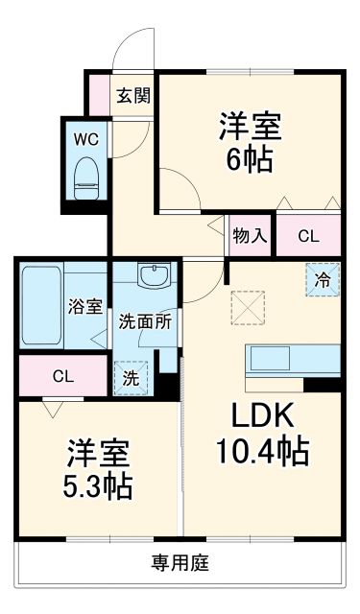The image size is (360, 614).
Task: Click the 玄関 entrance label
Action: tap(133, 95)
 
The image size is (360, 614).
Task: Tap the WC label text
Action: tap(86, 138)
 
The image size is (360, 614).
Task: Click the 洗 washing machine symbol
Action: tap(132, 377)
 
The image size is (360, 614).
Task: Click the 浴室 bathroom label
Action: tap(84, 307)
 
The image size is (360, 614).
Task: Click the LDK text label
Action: tap(259, 415)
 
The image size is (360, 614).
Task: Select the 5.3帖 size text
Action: tap(98, 484)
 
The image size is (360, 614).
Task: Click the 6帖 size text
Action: tap(250, 158)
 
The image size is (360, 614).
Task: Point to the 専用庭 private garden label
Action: tap(180, 563)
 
